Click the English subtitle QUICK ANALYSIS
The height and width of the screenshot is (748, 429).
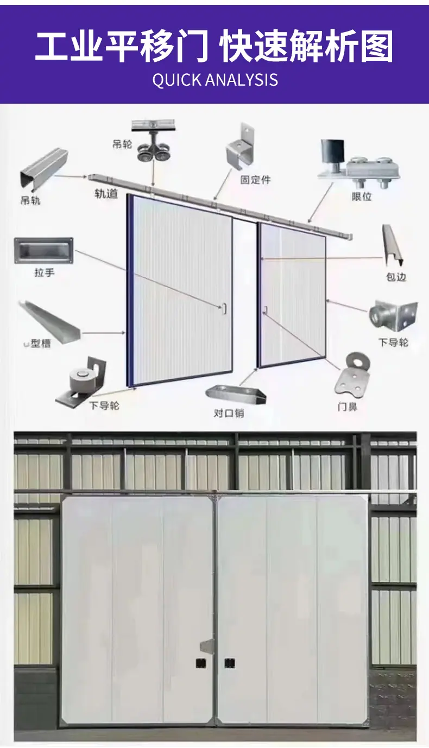click(215, 80)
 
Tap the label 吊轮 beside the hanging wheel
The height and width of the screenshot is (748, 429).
click(122, 144)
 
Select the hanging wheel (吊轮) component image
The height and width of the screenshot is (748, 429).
click(153, 140)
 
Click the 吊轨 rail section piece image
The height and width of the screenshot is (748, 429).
click(44, 169)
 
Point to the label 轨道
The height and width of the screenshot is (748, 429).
click(106, 193)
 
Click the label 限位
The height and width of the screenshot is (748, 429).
click(362, 196)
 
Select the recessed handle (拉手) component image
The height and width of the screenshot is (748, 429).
click(43, 251)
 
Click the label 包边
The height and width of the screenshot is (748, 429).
click(396, 277)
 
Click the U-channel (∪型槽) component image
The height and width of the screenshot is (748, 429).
click(50, 322)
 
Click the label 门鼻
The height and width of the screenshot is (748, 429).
click(348, 407)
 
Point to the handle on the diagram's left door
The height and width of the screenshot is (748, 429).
click(224, 308)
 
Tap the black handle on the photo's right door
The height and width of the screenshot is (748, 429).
click(230, 663)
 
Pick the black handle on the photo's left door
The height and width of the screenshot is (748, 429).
click(201, 663)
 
